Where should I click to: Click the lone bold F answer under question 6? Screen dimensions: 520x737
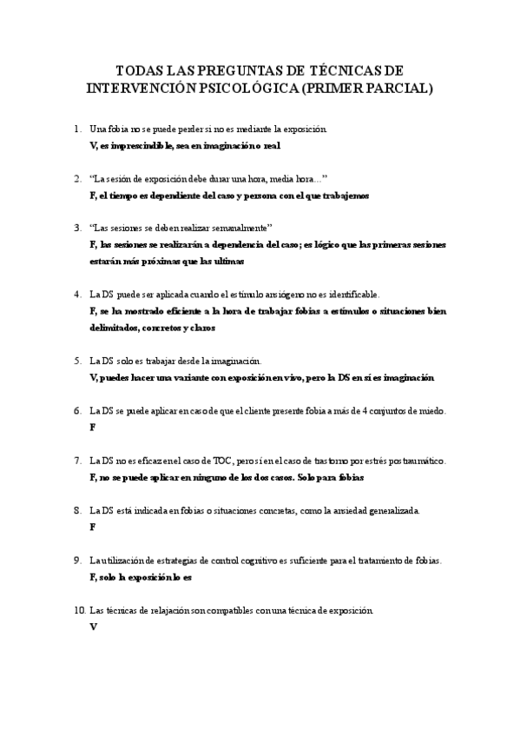pyautogui.click(x=92, y=428)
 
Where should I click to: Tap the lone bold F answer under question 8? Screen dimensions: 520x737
pyautogui.click(x=92, y=528)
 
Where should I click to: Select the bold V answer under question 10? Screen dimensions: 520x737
pyautogui.click(x=93, y=627)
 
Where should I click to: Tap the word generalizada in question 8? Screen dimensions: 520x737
pyautogui.click(x=385, y=510)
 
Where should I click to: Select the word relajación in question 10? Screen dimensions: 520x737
pyautogui.click(x=180, y=610)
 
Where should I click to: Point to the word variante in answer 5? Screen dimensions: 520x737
pyautogui.click(x=211, y=377)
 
